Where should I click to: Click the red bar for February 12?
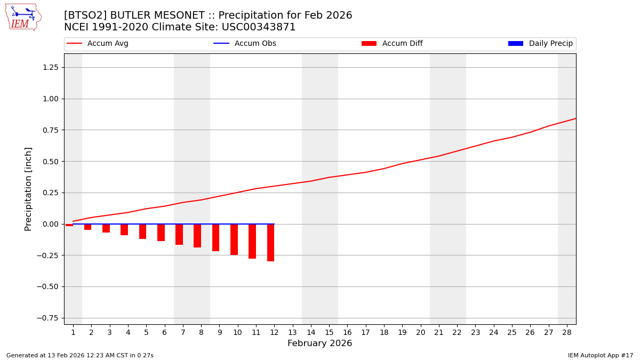pyautogui.click(x=270, y=243)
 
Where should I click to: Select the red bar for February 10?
pyautogui.click(x=234, y=239)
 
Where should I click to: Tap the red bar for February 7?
pyautogui.click(x=179, y=234)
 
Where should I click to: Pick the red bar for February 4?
pyautogui.click(x=124, y=229)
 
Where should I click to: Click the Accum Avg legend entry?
pyautogui.click(x=98, y=44)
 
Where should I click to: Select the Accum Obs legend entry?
pyautogui.click(x=245, y=44)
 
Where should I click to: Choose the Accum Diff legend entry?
pyautogui.click(x=392, y=44)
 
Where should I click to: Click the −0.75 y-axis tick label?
pyautogui.click(x=47, y=318)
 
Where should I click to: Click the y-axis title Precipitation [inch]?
pyautogui.click(x=29, y=189)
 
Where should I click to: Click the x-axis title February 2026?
pyautogui.click(x=320, y=343)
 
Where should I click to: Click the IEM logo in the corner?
pyautogui.click(x=23, y=17)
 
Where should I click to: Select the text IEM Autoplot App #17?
pyautogui.click(x=600, y=355)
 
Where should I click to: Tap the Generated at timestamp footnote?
pyautogui.click(x=80, y=355)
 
